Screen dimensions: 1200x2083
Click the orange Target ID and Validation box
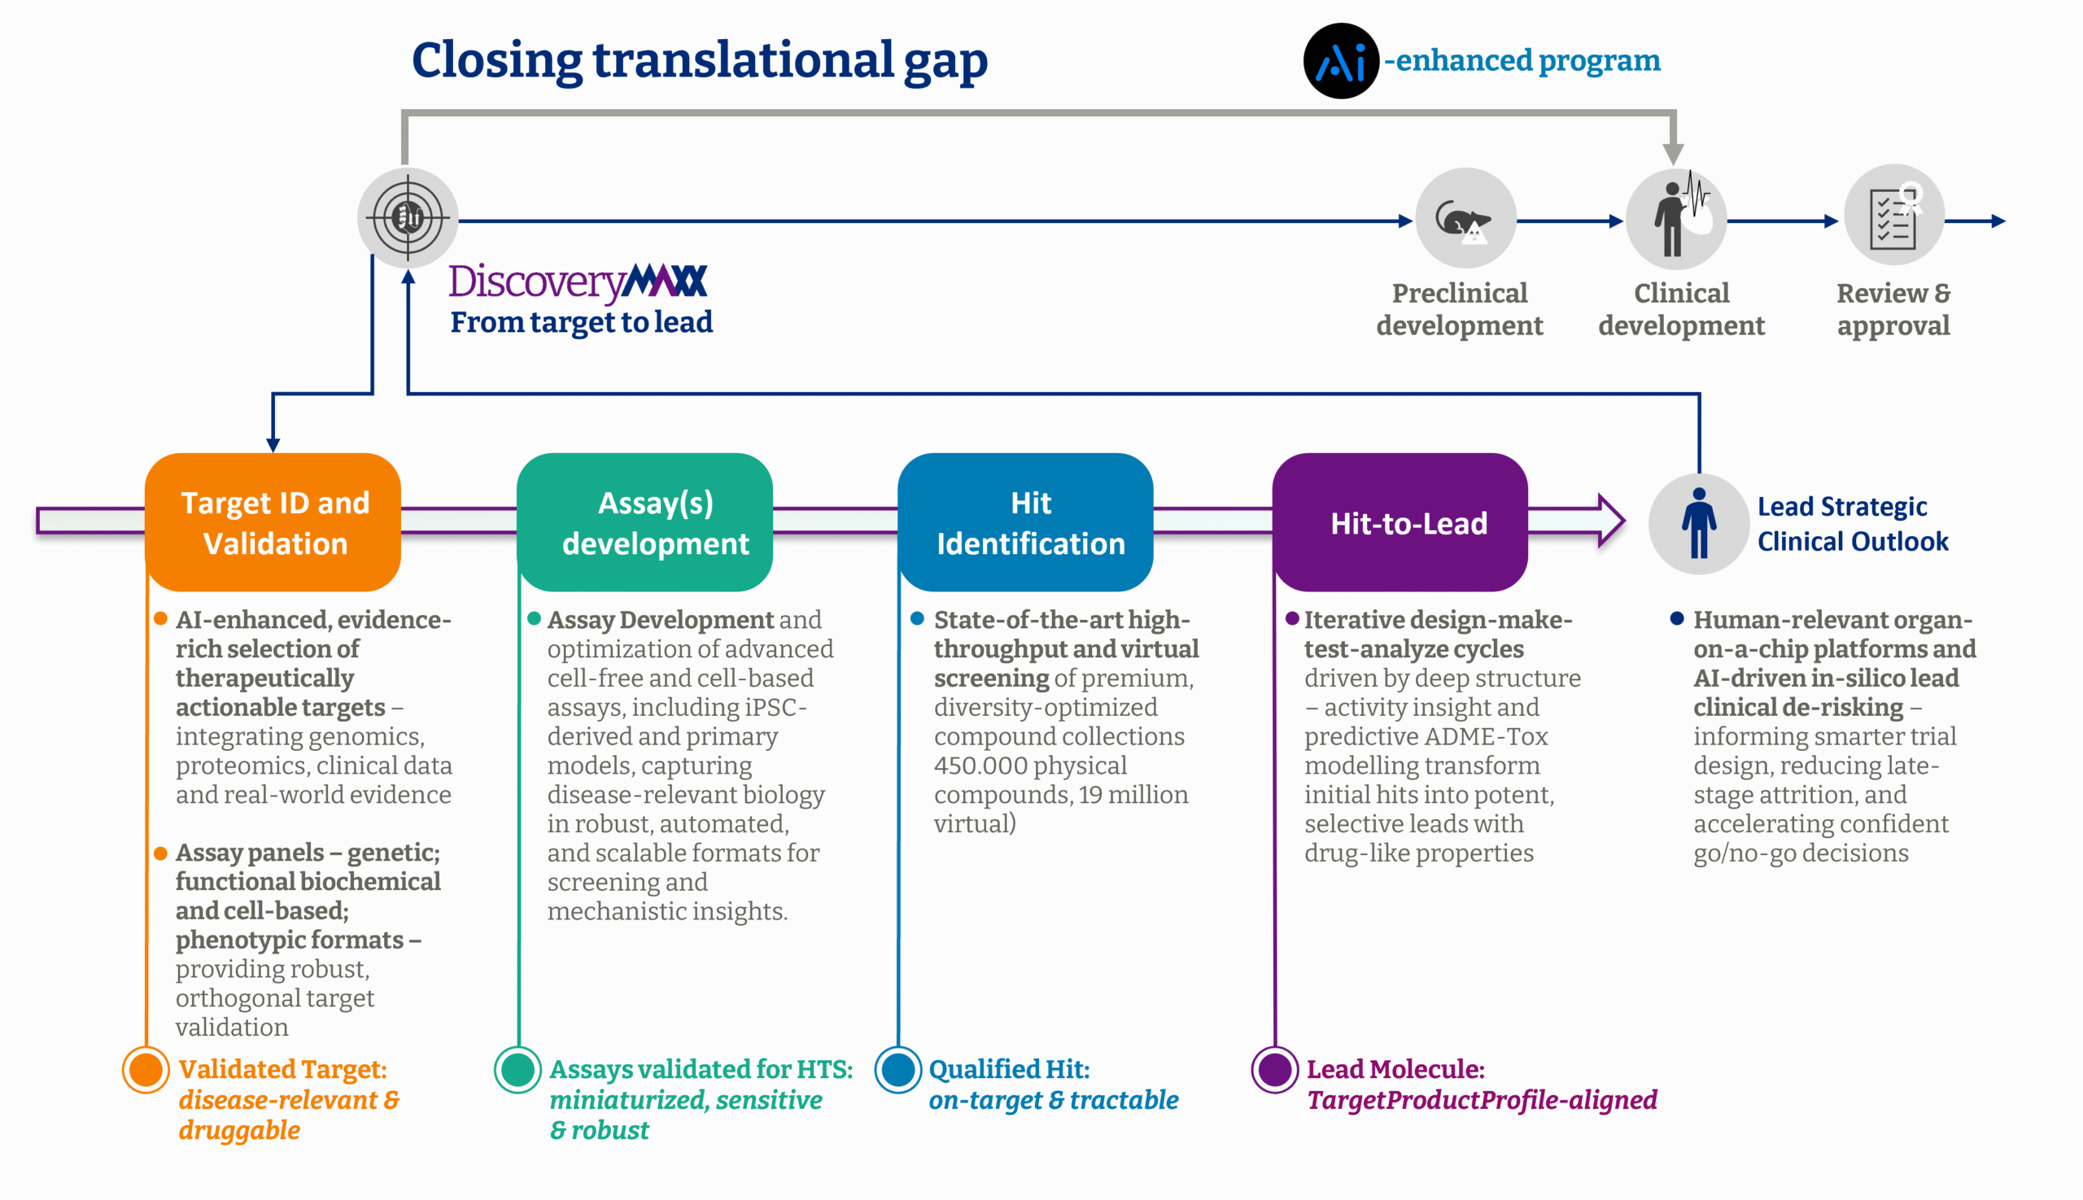coord(273,521)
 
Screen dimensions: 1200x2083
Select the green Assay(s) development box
coord(644,521)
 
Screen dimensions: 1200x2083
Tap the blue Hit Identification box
coord(1024,521)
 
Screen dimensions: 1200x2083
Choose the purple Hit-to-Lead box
coord(1400,521)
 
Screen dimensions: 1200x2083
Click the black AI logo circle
coord(1340,61)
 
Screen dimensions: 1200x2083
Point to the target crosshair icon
coord(407,218)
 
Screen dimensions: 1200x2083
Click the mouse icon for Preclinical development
coord(1465,220)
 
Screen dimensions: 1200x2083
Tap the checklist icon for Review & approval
coord(1893,216)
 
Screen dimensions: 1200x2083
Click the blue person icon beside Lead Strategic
coord(1698,523)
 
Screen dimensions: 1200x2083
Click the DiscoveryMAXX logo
coord(578,281)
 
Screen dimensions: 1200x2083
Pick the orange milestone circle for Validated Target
coord(146,1070)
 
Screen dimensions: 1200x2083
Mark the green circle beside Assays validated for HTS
coord(517,1070)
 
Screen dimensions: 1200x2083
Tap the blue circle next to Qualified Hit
coord(897,1070)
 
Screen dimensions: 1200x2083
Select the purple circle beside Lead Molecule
coord(1274,1070)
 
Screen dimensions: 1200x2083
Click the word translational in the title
coord(743,60)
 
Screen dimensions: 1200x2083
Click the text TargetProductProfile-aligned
coord(1481,1099)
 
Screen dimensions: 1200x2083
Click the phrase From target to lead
coord(581,322)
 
